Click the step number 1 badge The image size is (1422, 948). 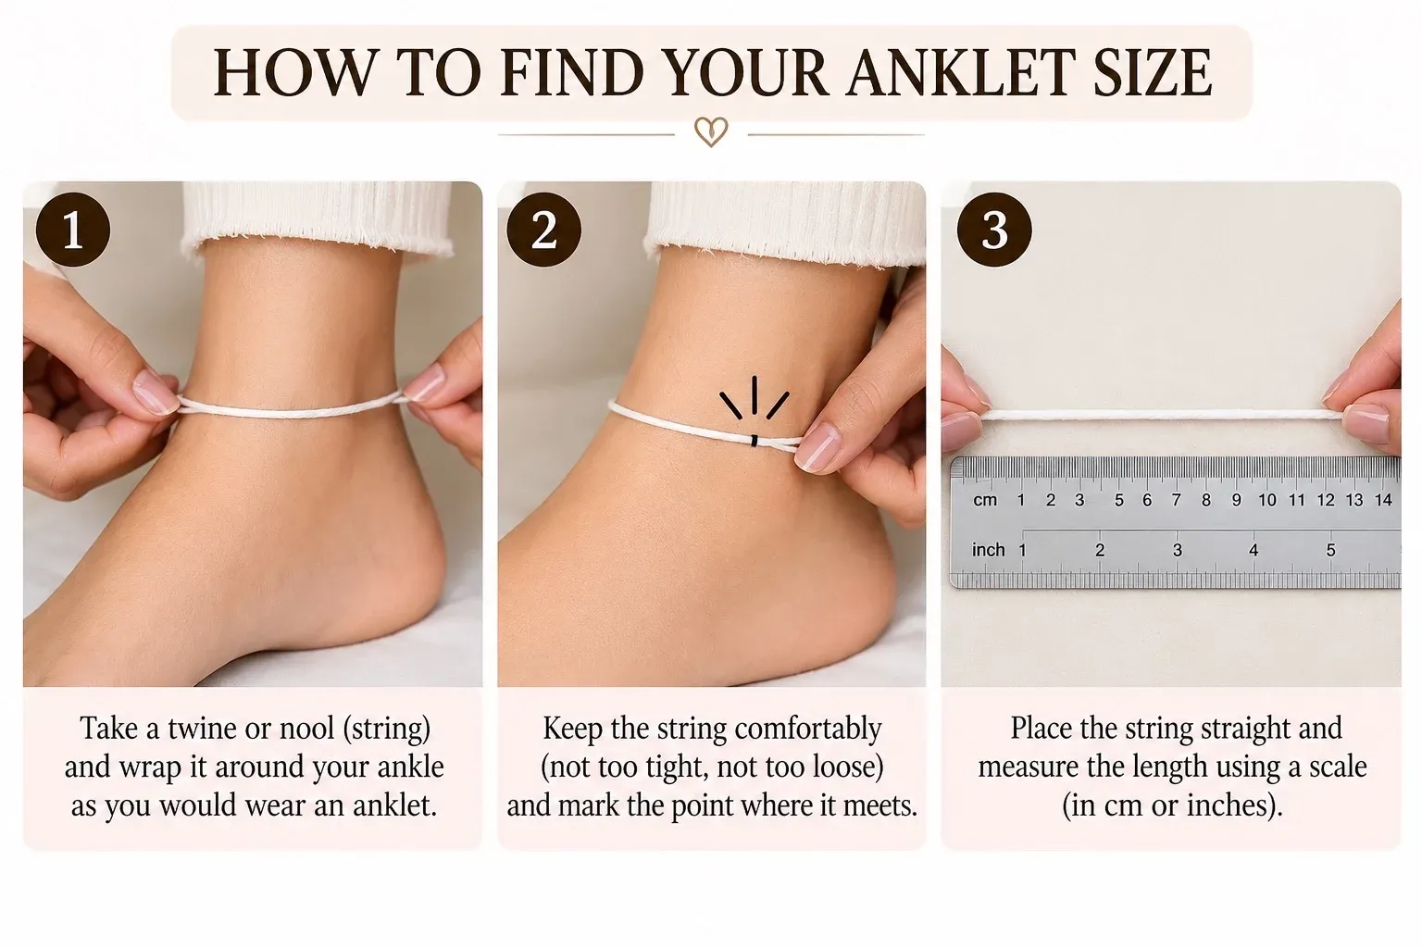pyautogui.click(x=73, y=230)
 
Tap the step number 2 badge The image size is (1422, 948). pyautogui.click(x=544, y=230)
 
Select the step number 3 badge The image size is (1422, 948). pyautogui.click(x=994, y=230)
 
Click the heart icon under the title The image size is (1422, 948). pyautogui.click(x=711, y=132)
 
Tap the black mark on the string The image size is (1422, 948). pyautogui.click(x=755, y=440)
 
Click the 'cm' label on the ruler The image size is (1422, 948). pyautogui.click(x=985, y=500)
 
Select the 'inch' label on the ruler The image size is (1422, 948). pyautogui.click(x=988, y=550)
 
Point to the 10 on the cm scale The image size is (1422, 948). pyautogui.click(x=1267, y=500)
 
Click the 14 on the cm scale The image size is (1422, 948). pyautogui.click(x=1383, y=500)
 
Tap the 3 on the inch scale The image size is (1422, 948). pyautogui.click(x=1177, y=550)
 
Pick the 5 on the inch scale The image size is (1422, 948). pyautogui.click(x=1330, y=550)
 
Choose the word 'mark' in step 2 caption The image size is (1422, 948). pyautogui.click(x=589, y=805)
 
